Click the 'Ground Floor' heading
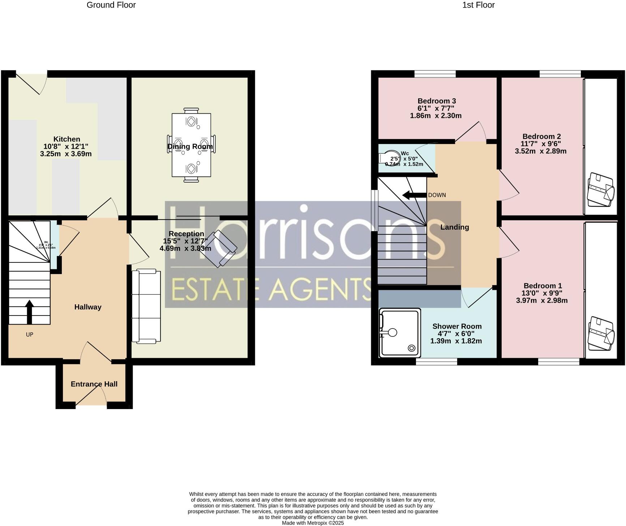coord(111,5)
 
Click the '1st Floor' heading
coord(478,5)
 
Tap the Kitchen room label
coord(67,139)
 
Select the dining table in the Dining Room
coord(191,145)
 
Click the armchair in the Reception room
coord(218,249)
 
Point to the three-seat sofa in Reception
coord(146,306)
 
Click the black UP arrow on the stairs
coord(29,312)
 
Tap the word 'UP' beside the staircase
coord(30,335)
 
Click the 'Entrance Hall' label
coord(94,384)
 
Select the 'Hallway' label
coord(88,307)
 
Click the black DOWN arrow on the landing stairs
coord(415,195)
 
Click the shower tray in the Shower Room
coord(400,332)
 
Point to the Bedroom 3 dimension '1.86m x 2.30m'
coord(436,116)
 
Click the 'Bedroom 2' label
coord(541,136)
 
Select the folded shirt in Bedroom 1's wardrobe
coord(601,334)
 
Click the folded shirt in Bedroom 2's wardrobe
coord(601,190)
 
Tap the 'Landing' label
coord(454,227)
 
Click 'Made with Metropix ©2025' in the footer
coord(313,523)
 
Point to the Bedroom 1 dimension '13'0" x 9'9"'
coord(542,293)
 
